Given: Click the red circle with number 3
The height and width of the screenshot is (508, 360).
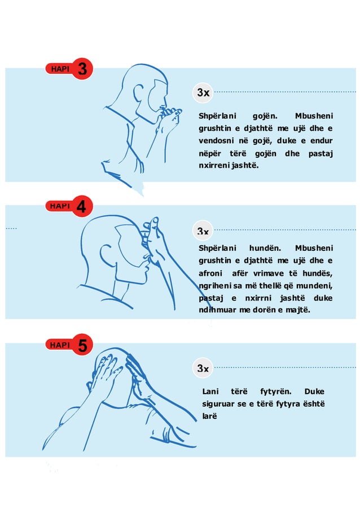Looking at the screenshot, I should [82, 69].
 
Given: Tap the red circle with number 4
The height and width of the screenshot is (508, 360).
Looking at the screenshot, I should [82, 207].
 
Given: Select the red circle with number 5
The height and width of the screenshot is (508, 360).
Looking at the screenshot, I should [82, 345].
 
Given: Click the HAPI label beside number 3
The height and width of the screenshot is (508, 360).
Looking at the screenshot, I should [59, 69].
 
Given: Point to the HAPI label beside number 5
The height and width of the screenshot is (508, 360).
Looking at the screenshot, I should [59, 345].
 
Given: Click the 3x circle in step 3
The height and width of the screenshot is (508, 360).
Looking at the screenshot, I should [203, 92].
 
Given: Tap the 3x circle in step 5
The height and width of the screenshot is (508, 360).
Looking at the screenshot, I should [203, 368].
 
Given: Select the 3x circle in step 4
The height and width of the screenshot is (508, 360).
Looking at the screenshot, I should [203, 231].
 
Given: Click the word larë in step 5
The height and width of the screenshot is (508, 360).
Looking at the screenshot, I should [209, 416].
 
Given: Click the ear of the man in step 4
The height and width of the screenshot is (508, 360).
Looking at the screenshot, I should [105, 251].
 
